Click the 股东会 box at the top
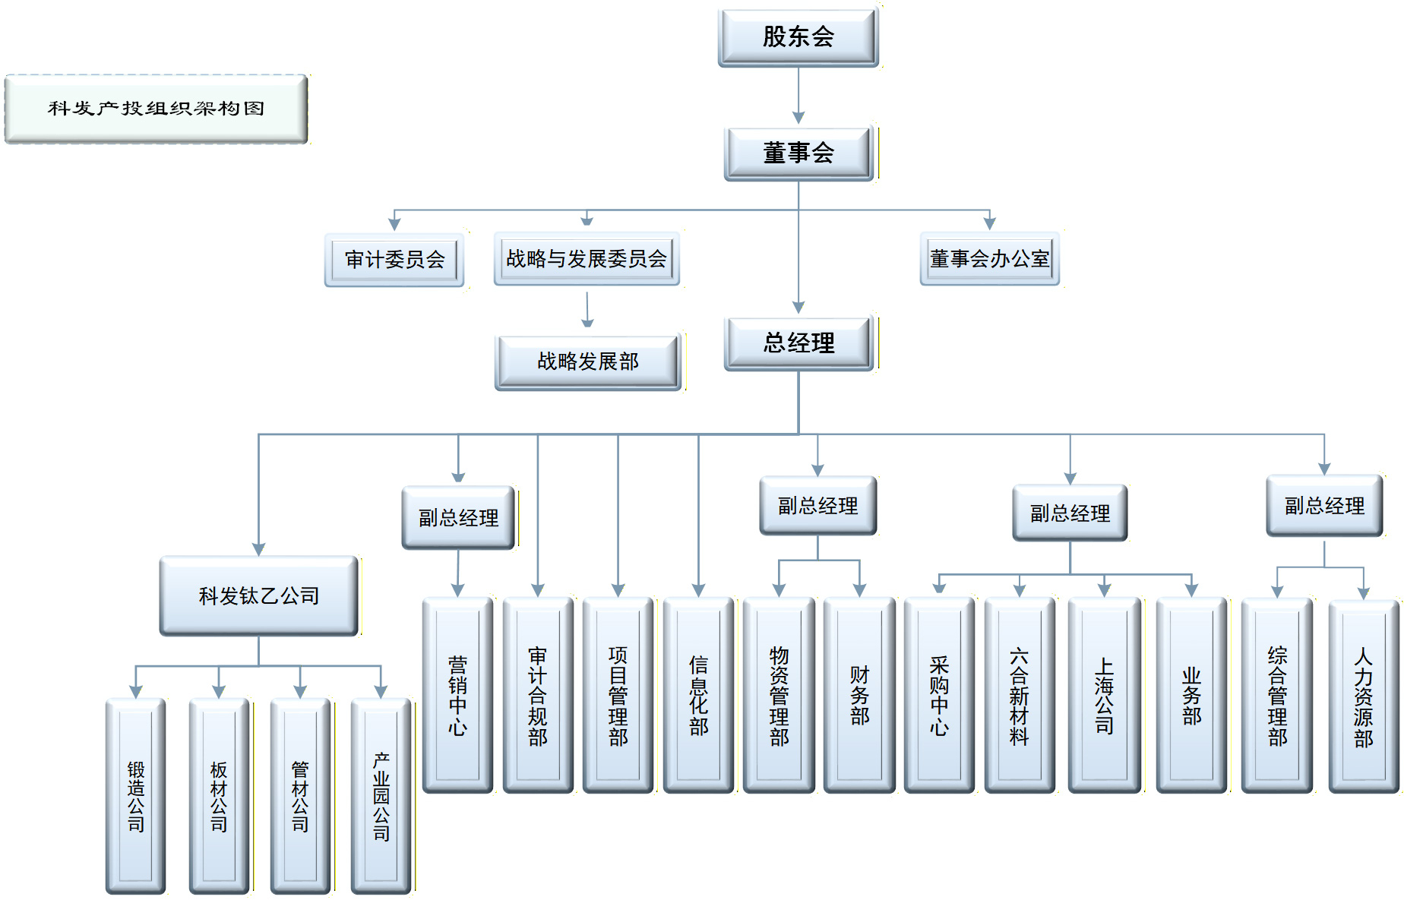pyautogui.click(x=798, y=37)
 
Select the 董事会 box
pyautogui.click(x=798, y=153)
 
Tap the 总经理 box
pyautogui.click(x=798, y=343)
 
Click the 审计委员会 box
pyautogui.click(x=394, y=260)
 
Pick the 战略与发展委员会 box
pyautogui.click(x=587, y=259)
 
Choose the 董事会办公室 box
pyautogui.click(x=989, y=259)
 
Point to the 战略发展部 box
pyautogui.click(x=588, y=362)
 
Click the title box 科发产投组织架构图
pyautogui.click(x=156, y=109)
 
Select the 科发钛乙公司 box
pyautogui.click(x=259, y=596)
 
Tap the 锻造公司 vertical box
pyautogui.click(x=136, y=796)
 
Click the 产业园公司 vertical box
pyautogui.click(x=381, y=796)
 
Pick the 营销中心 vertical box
pyautogui.click(x=457, y=695)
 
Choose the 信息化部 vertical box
pyautogui.click(x=698, y=695)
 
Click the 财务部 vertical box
pyautogui.click(x=859, y=695)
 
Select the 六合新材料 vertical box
pyautogui.click(x=1020, y=695)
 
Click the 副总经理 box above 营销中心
pyautogui.click(x=459, y=518)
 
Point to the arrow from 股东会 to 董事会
pyautogui.click(x=798, y=96)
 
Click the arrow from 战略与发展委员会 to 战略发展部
pyautogui.click(x=587, y=310)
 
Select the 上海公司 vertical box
pyautogui.click(x=1105, y=695)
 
